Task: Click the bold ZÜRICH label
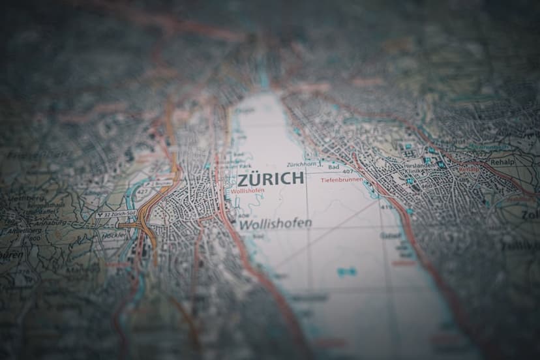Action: [x=271, y=179]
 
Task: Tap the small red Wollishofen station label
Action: [x=248, y=192]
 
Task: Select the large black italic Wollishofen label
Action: [x=275, y=224]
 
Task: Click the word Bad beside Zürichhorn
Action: [x=333, y=167]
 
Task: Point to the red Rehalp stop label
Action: [x=468, y=170]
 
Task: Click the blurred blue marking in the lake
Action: [x=347, y=271]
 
